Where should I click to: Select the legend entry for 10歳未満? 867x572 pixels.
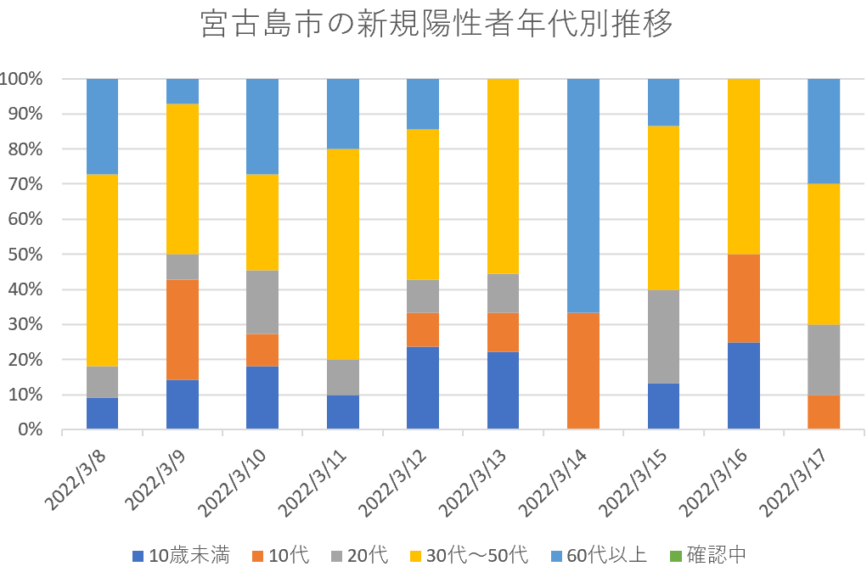tap(180, 556)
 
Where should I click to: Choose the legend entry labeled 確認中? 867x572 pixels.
tap(709, 556)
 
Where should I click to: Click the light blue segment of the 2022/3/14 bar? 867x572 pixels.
tap(583, 195)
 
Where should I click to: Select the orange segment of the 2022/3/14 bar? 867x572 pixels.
tap(583, 371)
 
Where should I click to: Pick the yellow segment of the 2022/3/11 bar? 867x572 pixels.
tap(343, 254)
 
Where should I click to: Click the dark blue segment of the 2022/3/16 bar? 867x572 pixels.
tap(744, 385)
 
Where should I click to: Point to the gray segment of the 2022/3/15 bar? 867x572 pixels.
tap(663, 336)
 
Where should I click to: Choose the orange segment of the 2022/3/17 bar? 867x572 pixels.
tap(824, 412)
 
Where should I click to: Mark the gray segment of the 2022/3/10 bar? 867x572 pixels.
tap(262, 302)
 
